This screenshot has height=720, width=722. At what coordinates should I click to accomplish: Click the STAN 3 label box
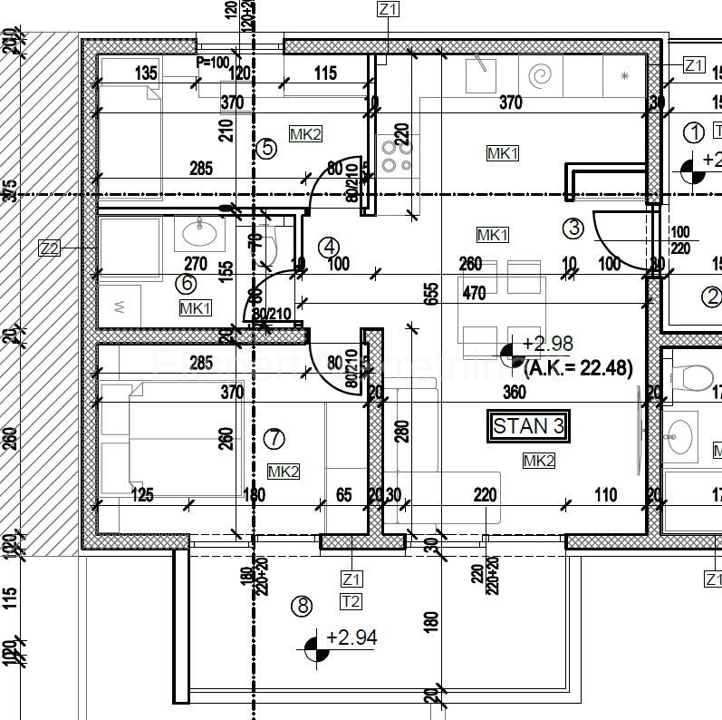[x=532, y=425]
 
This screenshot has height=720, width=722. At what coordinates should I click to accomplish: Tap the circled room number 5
[x=265, y=148]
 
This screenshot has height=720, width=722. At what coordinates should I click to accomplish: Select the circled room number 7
[x=273, y=439]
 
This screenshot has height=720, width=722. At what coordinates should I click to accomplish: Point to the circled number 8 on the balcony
[x=301, y=605]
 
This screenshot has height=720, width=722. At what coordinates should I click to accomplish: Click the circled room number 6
[x=187, y=283]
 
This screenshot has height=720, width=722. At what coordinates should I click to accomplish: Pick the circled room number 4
[x=329, y=247]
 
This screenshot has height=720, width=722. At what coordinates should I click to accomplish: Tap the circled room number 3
[x=573, y=228]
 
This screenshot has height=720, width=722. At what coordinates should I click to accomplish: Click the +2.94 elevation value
[x=351, y=637]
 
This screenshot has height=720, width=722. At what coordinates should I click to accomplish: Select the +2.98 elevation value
[x=548, y=343]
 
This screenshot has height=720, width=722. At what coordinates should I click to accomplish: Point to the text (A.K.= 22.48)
[x=578, y=366]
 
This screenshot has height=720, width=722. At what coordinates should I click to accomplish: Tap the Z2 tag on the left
[x=50, y=248]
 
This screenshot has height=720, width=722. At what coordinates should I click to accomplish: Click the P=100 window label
[x=213, y=62]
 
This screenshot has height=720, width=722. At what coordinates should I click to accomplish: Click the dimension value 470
[x=474, y=293]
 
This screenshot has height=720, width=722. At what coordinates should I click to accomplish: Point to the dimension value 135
[x=145, y=73]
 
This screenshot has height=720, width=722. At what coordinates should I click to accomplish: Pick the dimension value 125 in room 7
[x=141, y=495]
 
